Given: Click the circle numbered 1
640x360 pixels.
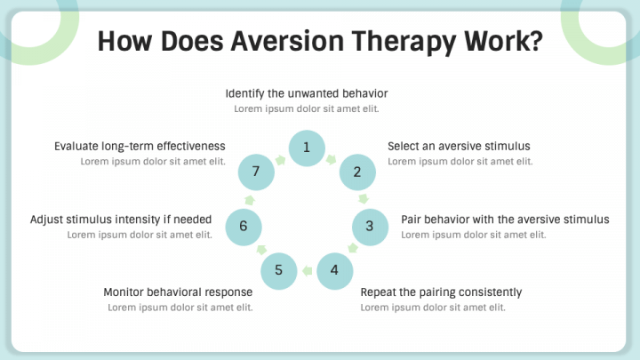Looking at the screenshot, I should (306, 148).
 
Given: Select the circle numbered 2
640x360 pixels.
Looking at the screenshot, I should (357, 172).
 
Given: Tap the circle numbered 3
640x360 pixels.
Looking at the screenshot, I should (370, 226).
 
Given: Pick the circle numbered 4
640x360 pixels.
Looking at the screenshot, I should (334, 269).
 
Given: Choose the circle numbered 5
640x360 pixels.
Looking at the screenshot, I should (278, 269).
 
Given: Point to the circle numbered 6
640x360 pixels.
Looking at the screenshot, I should (243, 226).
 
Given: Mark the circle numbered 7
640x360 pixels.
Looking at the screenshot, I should (255, 172).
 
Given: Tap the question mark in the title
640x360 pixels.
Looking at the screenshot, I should (533, 41).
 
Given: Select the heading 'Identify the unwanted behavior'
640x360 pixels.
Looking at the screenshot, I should (307, 93).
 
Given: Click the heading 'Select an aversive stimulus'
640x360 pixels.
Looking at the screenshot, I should (459, 146).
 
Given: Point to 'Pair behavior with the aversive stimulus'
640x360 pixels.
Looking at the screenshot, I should (505, 220).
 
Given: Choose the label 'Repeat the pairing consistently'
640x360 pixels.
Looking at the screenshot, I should (441, 292).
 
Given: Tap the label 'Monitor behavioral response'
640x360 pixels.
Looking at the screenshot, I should (178, 292).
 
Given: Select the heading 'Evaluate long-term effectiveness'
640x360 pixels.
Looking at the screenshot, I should (140, 146).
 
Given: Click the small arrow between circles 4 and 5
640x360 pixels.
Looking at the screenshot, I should (307, 270).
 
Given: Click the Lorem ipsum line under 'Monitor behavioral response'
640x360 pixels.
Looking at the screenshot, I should (180, 308).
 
